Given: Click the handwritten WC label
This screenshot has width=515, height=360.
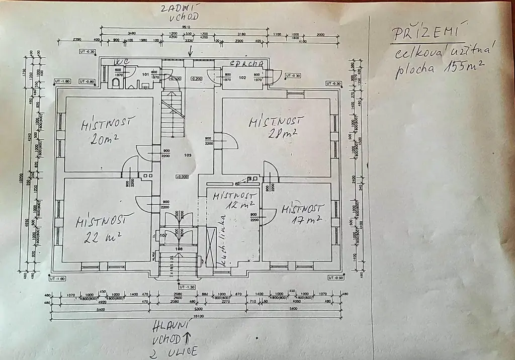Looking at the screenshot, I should click(123, 61).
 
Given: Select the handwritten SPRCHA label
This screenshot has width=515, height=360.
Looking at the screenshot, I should click(246, 64).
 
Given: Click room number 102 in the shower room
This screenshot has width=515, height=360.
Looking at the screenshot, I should click(242, 78).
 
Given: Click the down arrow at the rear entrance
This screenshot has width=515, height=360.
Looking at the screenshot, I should click(191, 50).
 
